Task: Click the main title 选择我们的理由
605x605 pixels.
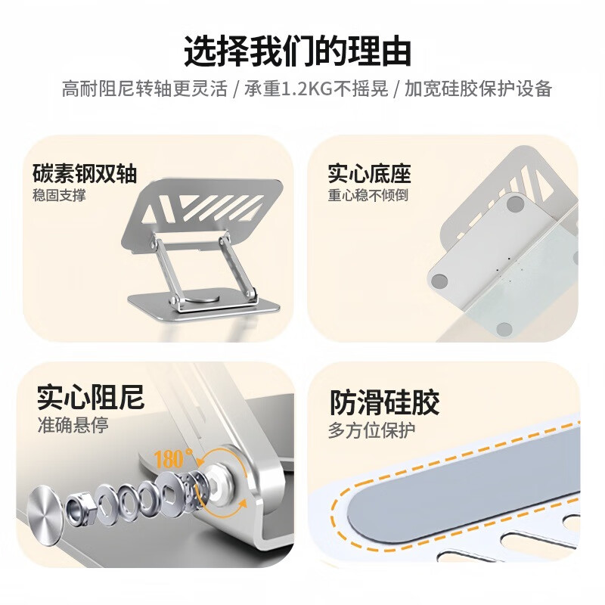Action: [297, 51]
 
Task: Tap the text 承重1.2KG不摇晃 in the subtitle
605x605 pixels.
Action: [316, 88]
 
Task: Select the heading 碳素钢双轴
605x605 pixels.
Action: [85, 174]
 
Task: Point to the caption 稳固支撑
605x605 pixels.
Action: [59, 195]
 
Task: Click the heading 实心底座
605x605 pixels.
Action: [370, 174]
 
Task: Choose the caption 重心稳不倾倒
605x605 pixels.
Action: [368, 195]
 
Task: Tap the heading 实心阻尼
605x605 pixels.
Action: [91, 397]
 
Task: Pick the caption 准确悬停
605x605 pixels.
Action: [73, 425]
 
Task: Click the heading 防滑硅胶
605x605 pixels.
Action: [385, 402]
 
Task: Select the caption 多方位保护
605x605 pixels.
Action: [371, 430]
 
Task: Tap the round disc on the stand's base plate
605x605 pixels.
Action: [203, 300]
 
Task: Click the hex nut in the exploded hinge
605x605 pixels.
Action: [79, 507]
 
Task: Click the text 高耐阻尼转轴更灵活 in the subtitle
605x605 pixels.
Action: [144, 88]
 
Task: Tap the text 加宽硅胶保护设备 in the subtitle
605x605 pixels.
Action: [479, 88]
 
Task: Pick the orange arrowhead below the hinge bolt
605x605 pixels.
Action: [242, 502]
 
